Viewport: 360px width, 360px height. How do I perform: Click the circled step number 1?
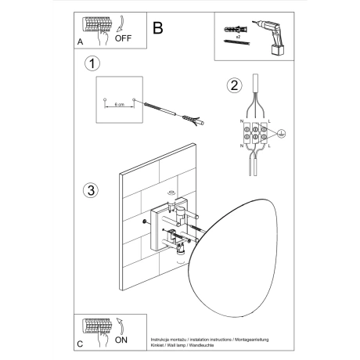coord(92,63)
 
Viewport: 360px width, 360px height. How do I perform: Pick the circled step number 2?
coord(232,86)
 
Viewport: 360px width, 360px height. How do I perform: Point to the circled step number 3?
coord(92,190)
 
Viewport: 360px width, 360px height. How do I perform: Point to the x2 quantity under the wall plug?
coord(236,38)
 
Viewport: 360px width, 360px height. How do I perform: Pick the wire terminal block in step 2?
coord(256,133)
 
